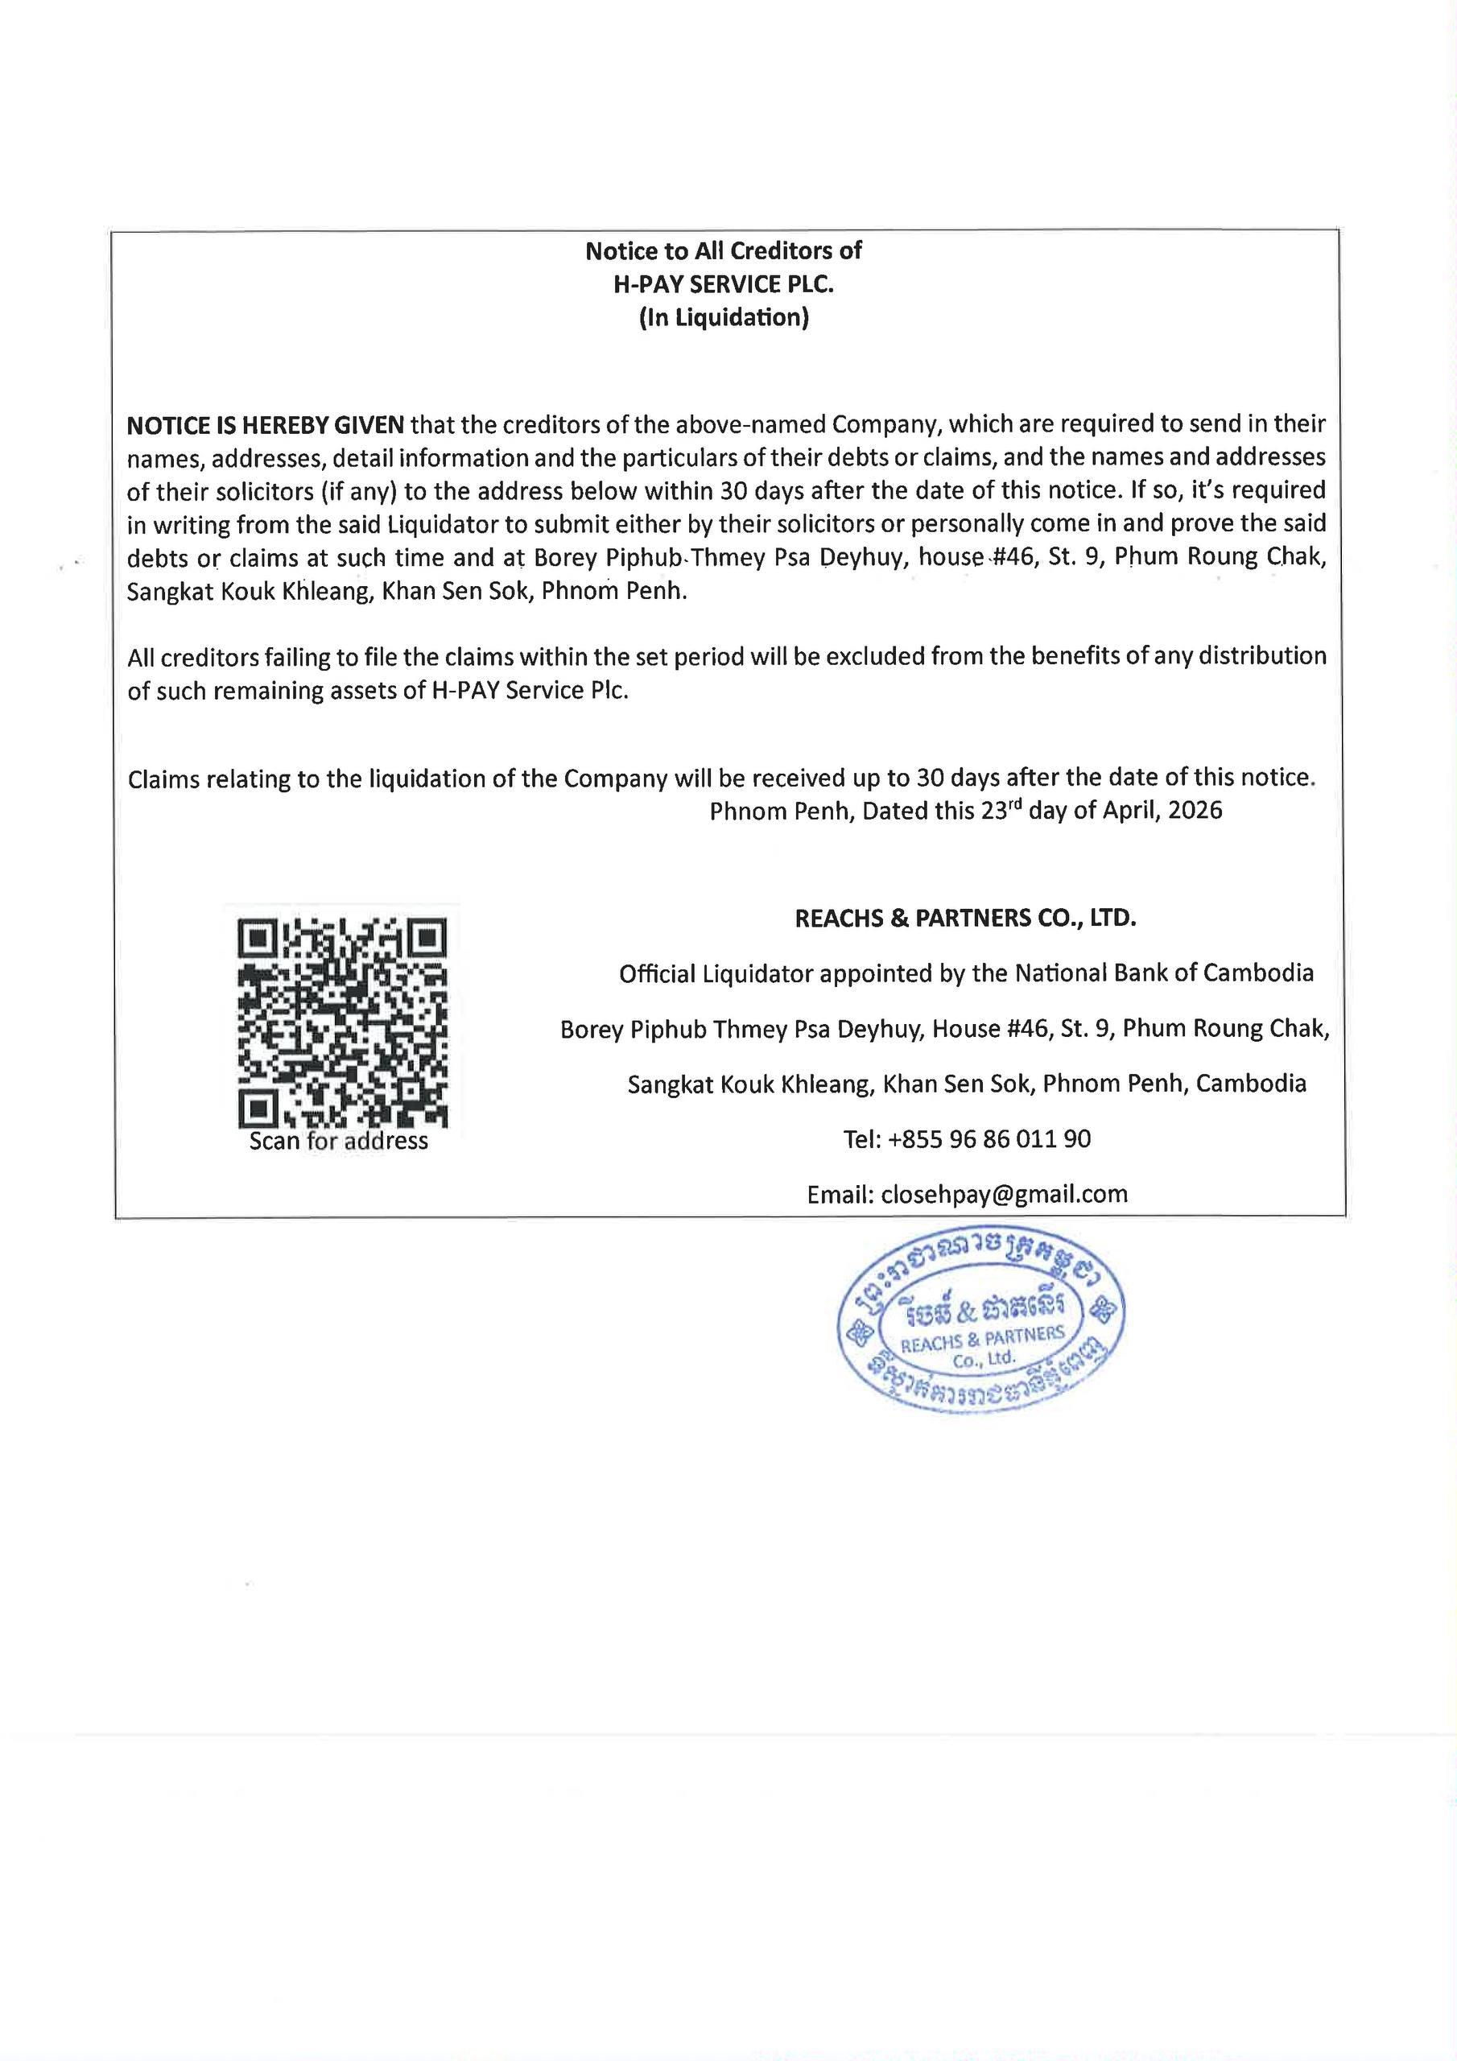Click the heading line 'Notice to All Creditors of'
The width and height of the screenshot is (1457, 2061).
point(723,250)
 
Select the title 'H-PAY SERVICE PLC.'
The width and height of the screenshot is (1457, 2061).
point(723,284)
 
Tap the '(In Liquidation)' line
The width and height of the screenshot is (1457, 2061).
point(724,319)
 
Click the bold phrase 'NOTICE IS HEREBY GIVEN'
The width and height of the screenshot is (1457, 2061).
point(266,423)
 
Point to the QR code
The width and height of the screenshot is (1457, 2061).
point(342,1022)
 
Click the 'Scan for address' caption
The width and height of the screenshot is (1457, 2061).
point(338,1141)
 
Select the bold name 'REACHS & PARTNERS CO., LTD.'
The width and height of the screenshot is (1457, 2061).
point(966,919)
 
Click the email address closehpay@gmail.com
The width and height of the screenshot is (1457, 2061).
point(1005,1194)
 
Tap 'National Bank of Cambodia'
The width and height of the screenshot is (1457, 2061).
point(1164,973)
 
